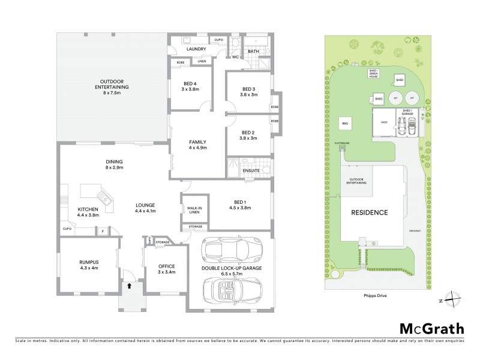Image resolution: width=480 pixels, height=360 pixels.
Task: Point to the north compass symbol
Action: point(455,300)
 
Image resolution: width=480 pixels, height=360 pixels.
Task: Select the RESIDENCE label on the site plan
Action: point(369,212)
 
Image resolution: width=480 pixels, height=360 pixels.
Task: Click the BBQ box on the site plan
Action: point(345,124)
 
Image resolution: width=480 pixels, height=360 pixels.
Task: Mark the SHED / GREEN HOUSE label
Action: point(373,73)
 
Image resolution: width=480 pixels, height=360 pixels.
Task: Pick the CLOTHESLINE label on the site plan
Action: point(334,143)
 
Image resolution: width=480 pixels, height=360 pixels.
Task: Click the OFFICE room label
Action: point(166,266)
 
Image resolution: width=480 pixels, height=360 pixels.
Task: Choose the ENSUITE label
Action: point(251,171)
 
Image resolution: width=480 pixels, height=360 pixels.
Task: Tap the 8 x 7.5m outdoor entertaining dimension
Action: point(112,93)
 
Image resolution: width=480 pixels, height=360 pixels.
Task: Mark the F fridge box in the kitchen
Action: point(103,230)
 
